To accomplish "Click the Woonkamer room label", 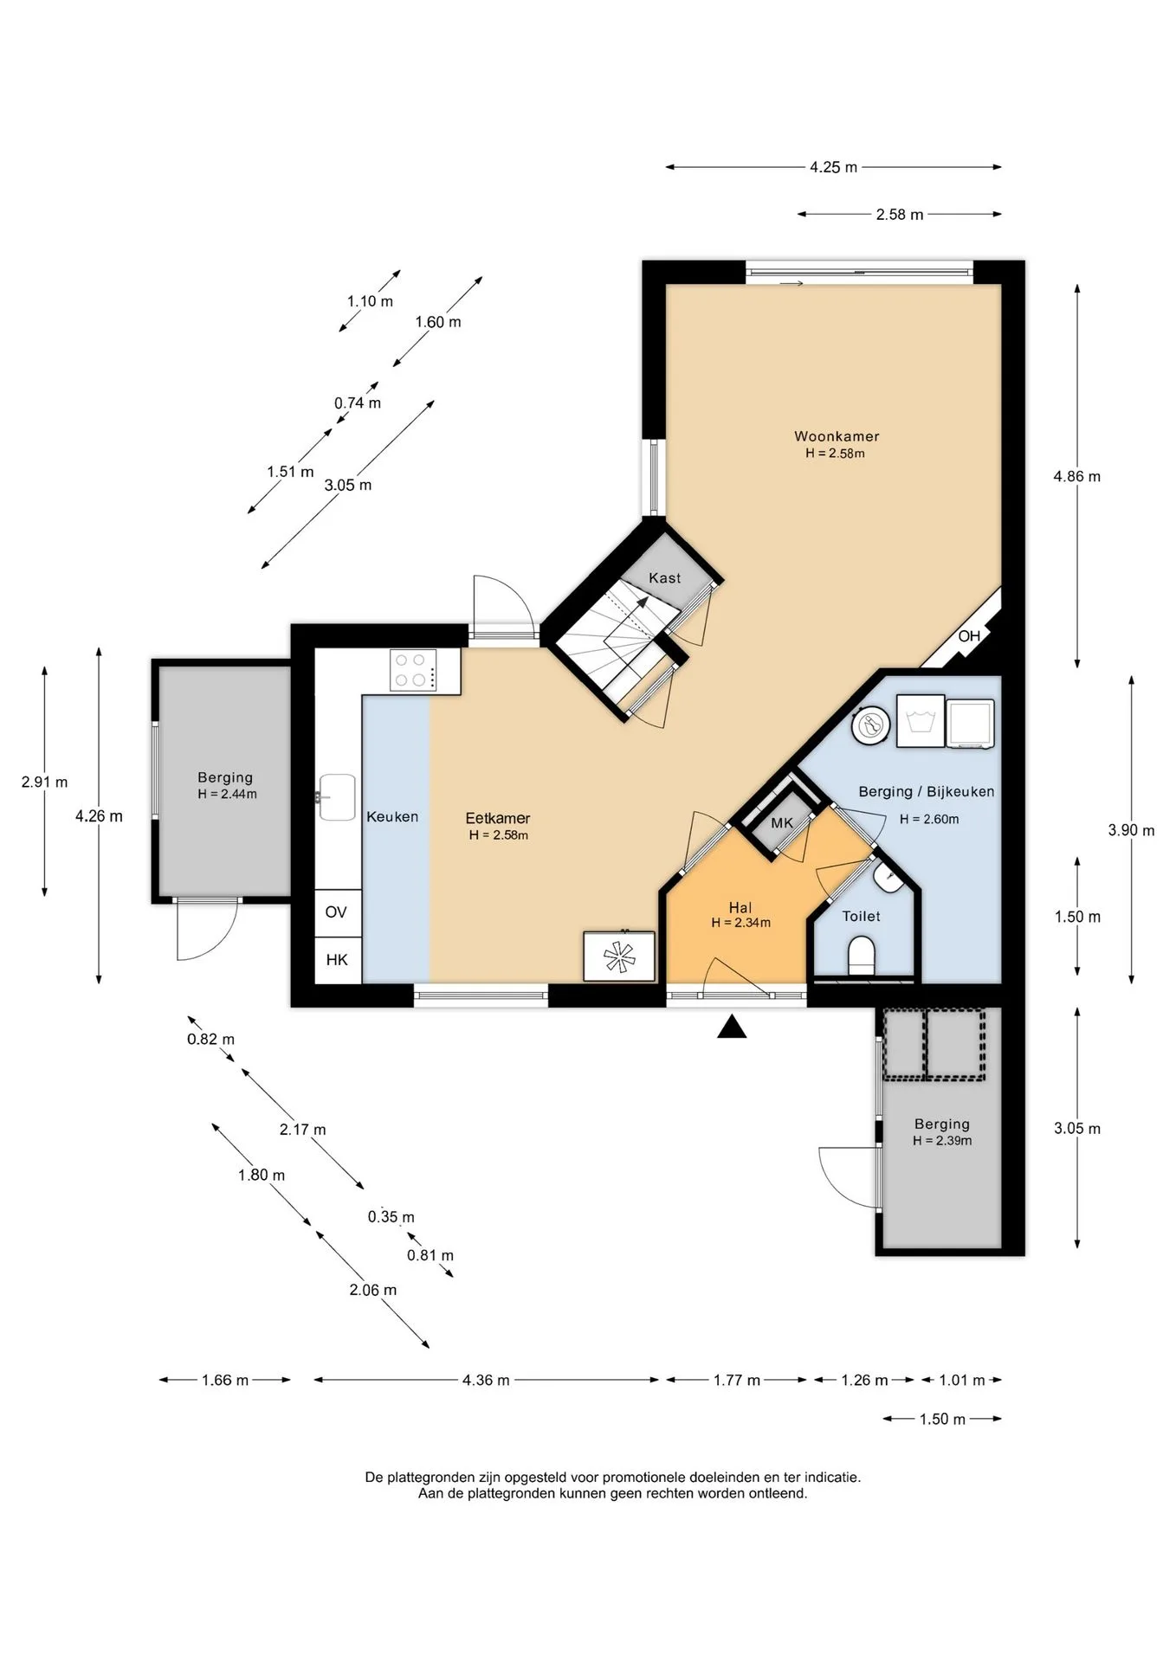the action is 837,436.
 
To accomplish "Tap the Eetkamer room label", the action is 498,818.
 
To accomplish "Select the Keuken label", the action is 392,816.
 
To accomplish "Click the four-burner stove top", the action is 413,670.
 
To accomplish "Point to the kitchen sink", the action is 337,796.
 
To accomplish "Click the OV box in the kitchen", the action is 336,912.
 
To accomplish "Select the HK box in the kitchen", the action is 337,960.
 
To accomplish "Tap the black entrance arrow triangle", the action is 733,1027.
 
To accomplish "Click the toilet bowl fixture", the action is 862,957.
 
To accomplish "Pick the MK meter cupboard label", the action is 782,823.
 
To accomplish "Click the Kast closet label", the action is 665,578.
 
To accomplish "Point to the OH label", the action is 969,636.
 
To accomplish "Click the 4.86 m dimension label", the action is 1077,476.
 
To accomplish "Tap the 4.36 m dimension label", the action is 486,1380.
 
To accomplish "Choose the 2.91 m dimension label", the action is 45,782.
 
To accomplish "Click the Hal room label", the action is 740,907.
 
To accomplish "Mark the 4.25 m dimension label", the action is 834,167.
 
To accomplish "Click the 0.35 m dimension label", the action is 391,1216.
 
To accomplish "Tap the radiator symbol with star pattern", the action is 619,957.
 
